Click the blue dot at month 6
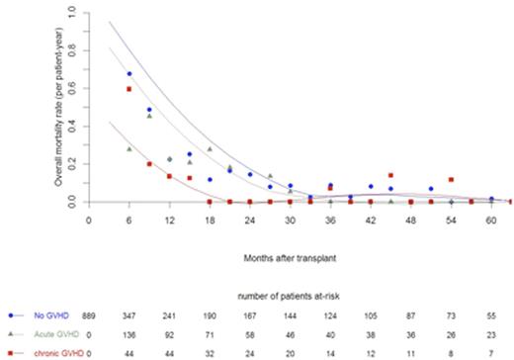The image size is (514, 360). tap(128, 74)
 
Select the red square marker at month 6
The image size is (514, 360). tap(128, 89)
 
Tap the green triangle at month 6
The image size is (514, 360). tap(128, 148)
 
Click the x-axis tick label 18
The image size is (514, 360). tap(210, 222)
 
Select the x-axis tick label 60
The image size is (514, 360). tap(491, 222)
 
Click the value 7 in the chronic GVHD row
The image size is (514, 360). tap(491, 352)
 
